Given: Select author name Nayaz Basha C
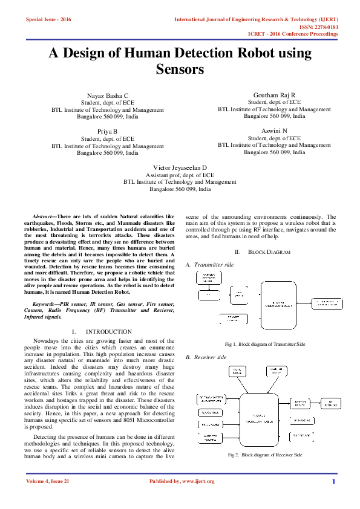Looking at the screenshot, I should coord(108,96).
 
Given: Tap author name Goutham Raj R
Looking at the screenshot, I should coord(274,95).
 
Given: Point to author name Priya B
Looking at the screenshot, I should coord(108,131).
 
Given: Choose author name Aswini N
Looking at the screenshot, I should coord(274,131).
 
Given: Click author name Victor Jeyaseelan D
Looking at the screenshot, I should coord(180,167).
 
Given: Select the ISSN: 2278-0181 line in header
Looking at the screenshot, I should coord(315,27).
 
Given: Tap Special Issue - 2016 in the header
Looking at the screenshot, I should coord(48,20).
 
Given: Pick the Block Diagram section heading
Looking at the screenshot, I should coord(262,251).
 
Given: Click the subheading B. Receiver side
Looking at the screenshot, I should coord(206,357).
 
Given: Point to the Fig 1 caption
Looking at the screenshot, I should coord(264,344).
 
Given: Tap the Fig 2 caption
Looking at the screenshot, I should coord(264,454).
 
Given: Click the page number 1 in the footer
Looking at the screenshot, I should coord(333,481).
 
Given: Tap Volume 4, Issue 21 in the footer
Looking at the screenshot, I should coord(48,481).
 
